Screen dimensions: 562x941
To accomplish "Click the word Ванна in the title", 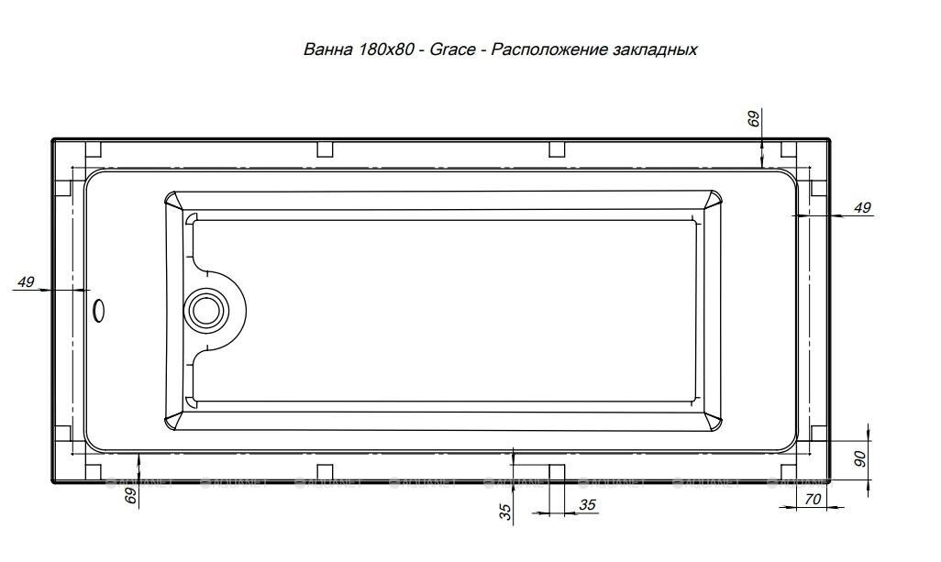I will [x=325, y=50].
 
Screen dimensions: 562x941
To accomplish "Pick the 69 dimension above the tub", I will [x=754, y=119].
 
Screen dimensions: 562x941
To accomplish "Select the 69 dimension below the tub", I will [x=130, y=496].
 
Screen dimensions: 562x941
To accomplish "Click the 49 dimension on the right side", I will [x=862, y=208].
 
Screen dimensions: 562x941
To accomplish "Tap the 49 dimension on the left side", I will [x=25, y=281].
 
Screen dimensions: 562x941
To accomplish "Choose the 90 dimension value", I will [x=860, y=458].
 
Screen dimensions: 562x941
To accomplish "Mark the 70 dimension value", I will [x=812, y=500].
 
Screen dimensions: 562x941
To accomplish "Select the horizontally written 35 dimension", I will [x=588, y=504].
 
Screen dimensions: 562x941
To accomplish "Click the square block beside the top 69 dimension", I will [x=786, y=150].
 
